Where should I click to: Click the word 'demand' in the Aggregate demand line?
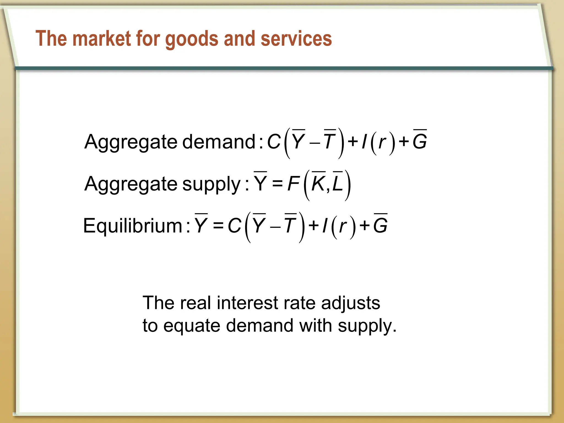tap(219, 142)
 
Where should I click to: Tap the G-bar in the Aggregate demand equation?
tap(420, 141)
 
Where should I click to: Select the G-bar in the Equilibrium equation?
tap(381, 225)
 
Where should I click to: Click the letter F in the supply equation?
tap(293, 184)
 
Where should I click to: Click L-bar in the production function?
tap(338, 183)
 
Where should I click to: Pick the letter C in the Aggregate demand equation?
tap(274, 142)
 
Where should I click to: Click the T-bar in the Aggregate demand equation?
tap(329, 141)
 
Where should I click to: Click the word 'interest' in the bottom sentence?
tap(247, 303)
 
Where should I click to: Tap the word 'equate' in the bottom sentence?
tap(192, 326)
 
